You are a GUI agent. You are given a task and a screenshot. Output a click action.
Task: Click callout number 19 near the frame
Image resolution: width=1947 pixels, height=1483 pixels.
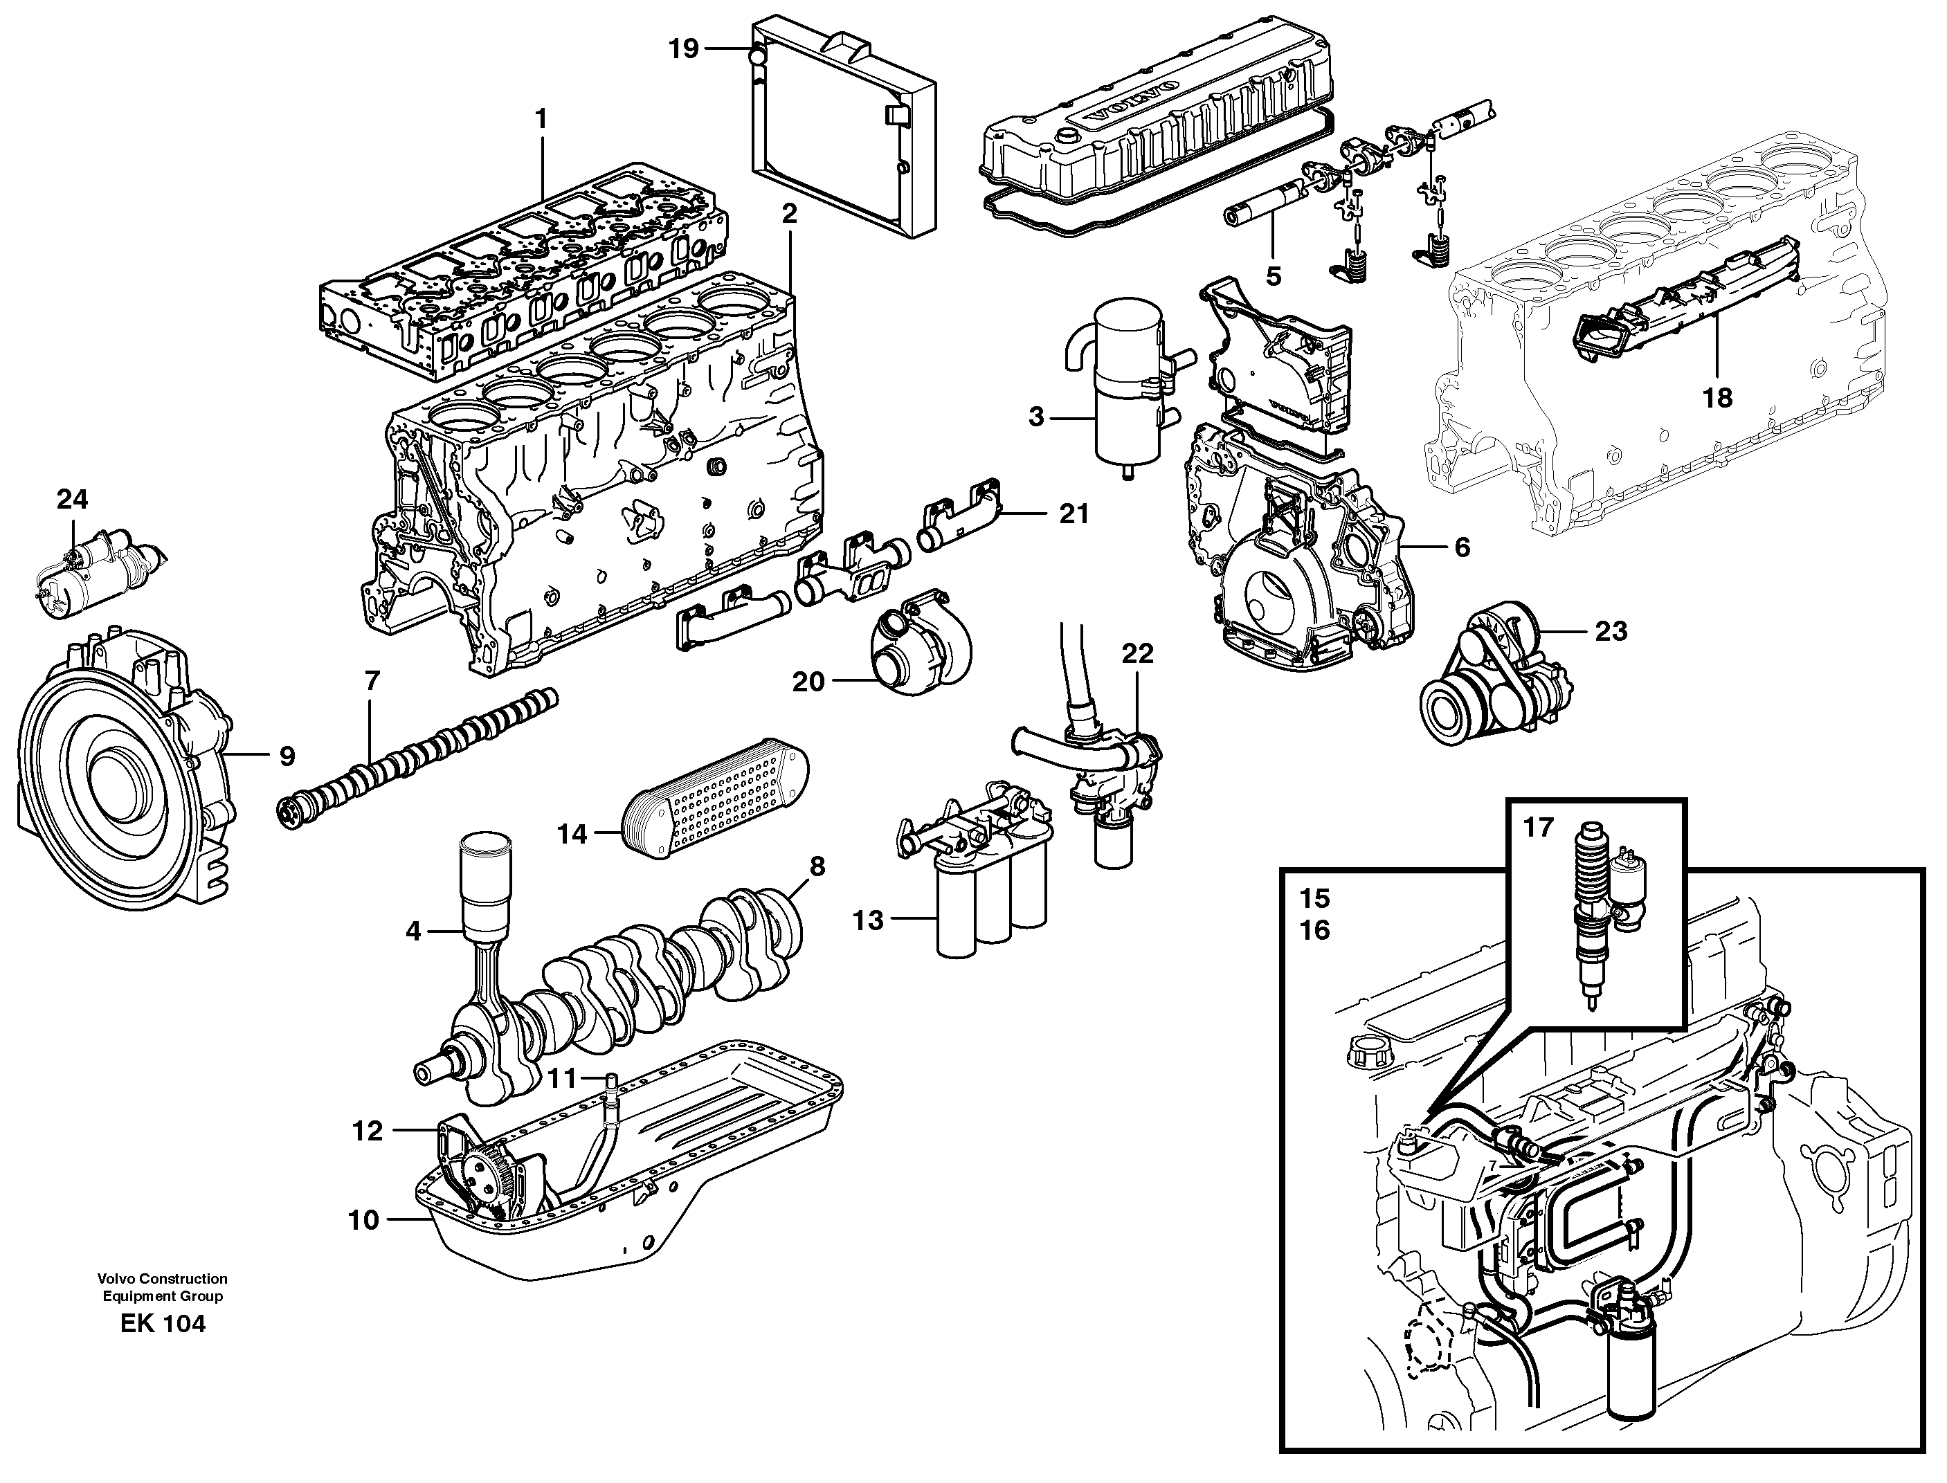[x=683, y=48]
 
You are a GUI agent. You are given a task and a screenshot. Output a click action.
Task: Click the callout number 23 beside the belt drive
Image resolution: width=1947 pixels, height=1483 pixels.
[x=1611, y=631]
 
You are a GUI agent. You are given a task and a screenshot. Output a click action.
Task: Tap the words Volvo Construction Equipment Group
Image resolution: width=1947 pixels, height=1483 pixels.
[x=163, y=1288]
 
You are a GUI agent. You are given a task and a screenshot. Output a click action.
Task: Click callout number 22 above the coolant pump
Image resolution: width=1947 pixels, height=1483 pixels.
[x=1137, y=654]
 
